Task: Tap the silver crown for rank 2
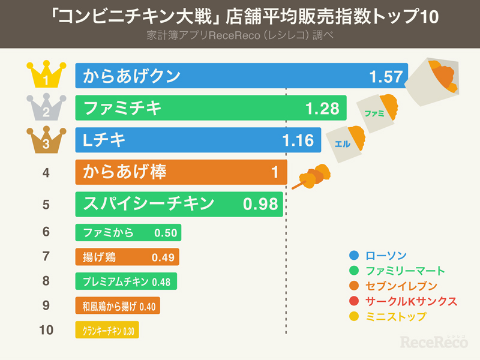coord(46,108)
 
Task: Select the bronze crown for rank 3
coord(46,140)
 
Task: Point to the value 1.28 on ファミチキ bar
coord(322,109)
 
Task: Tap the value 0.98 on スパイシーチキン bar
coord(260,204)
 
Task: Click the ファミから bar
coord(128,232)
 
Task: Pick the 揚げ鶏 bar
coord(127,257)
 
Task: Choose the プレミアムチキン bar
coord(126,281)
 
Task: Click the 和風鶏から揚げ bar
coord(118,306)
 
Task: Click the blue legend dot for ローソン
coord(353,254)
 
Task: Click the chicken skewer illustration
coord(311,175)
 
